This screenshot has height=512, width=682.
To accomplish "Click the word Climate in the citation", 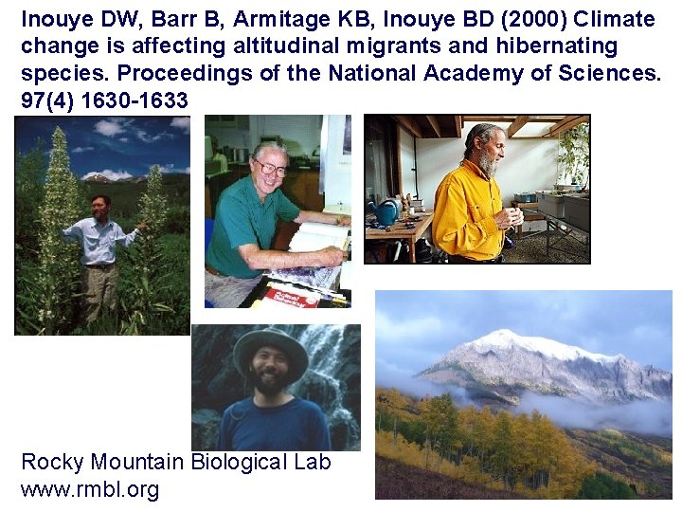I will point(614,19).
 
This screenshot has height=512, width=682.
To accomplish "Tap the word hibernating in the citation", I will point(554,46).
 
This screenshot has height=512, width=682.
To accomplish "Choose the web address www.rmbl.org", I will point(90,489).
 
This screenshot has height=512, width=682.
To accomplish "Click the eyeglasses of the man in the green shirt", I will point(270,169).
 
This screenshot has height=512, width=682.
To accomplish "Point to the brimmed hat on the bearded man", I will point(270,342).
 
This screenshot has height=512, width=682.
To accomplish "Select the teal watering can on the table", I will point(385,212).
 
